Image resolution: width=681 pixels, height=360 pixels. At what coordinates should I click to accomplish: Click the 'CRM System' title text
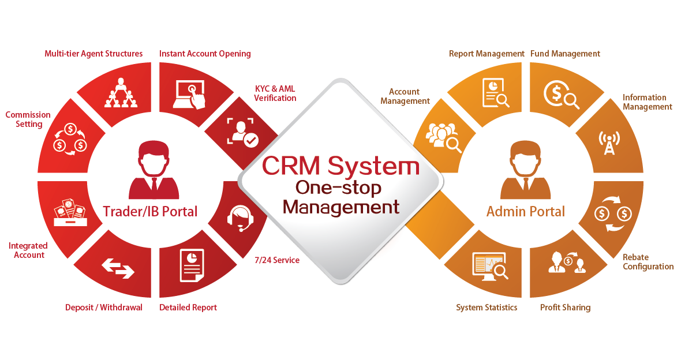click(340, 166)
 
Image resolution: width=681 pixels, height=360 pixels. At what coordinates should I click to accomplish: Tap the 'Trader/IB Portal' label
click(150, 212)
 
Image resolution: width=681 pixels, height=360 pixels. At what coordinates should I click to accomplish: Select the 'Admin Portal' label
click(526, 212)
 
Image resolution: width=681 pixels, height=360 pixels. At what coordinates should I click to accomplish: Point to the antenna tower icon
click(609, 143)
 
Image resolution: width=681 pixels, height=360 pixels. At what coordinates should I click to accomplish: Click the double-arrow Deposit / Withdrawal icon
click(118, 267)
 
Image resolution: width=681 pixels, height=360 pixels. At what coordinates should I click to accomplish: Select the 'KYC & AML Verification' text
click(275, 93)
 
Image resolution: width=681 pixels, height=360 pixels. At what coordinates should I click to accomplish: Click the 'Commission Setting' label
click(28, 119)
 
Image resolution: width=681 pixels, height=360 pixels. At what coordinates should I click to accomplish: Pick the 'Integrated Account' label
click(27, 250)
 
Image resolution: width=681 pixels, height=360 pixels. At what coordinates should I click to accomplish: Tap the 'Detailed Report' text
click(188, 307)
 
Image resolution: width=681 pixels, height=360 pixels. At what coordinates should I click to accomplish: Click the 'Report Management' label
click(487, 54)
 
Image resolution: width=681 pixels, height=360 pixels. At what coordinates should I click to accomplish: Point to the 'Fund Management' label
click(565, 54)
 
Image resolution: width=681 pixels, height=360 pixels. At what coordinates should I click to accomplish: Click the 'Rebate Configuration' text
click(648, 262)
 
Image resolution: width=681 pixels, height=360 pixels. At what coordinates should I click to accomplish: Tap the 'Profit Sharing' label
click(565, 307)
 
